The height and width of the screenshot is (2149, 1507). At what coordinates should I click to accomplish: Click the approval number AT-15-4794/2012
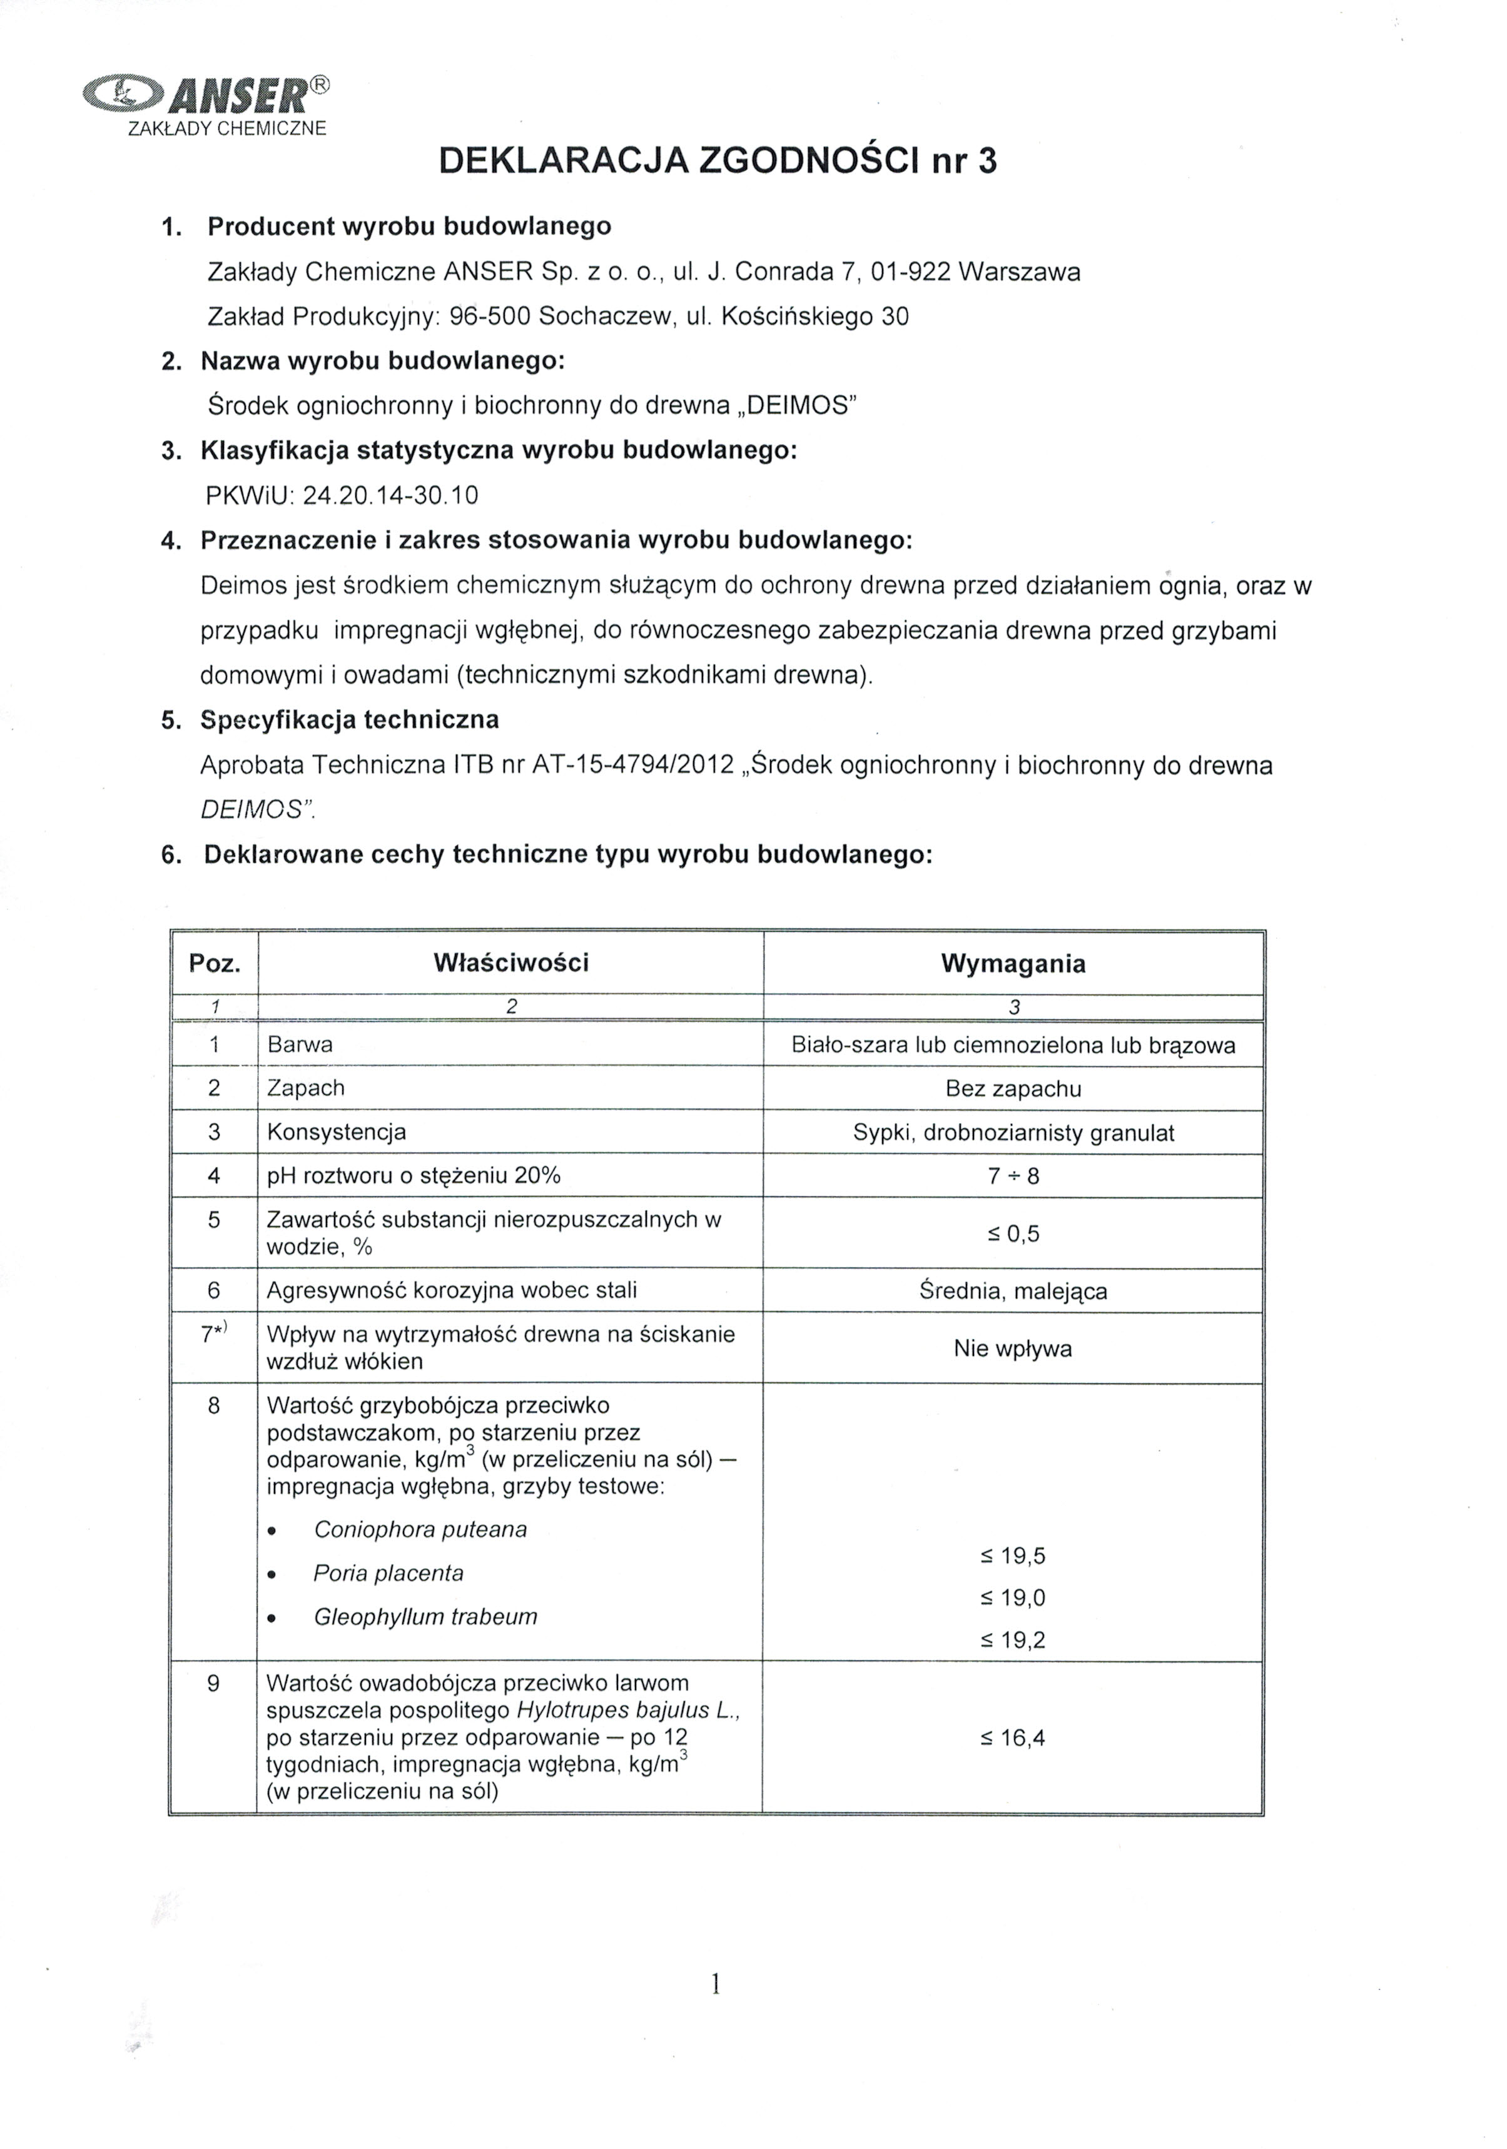632,765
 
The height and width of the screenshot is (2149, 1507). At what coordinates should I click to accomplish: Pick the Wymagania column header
1013,964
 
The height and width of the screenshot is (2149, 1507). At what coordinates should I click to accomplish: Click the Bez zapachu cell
1013,1088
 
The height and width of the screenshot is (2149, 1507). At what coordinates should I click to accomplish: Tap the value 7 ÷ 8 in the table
1013,1176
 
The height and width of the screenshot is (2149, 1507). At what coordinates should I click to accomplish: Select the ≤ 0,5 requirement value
1013,1233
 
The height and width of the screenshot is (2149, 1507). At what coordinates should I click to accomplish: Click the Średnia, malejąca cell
1013,1292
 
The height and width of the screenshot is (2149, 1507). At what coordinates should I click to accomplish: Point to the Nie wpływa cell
1013,1348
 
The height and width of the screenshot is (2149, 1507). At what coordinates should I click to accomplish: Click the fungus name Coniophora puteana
420,1529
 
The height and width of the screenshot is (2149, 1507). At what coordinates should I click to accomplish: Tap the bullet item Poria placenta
388,1574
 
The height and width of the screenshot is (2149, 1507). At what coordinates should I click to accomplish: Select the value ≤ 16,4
1013,1738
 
